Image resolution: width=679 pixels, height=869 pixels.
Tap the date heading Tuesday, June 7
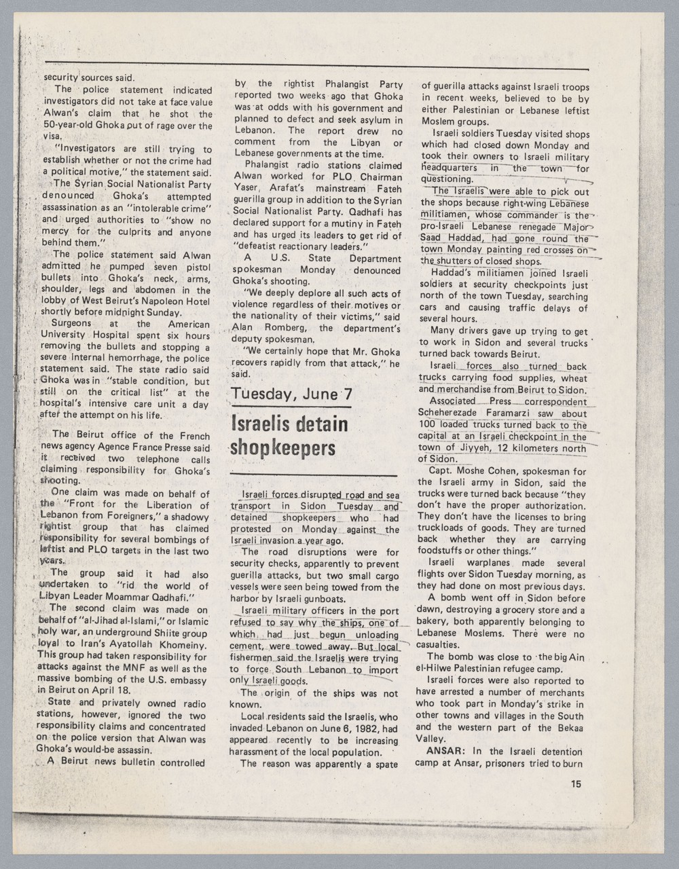[x=292, y=394]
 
